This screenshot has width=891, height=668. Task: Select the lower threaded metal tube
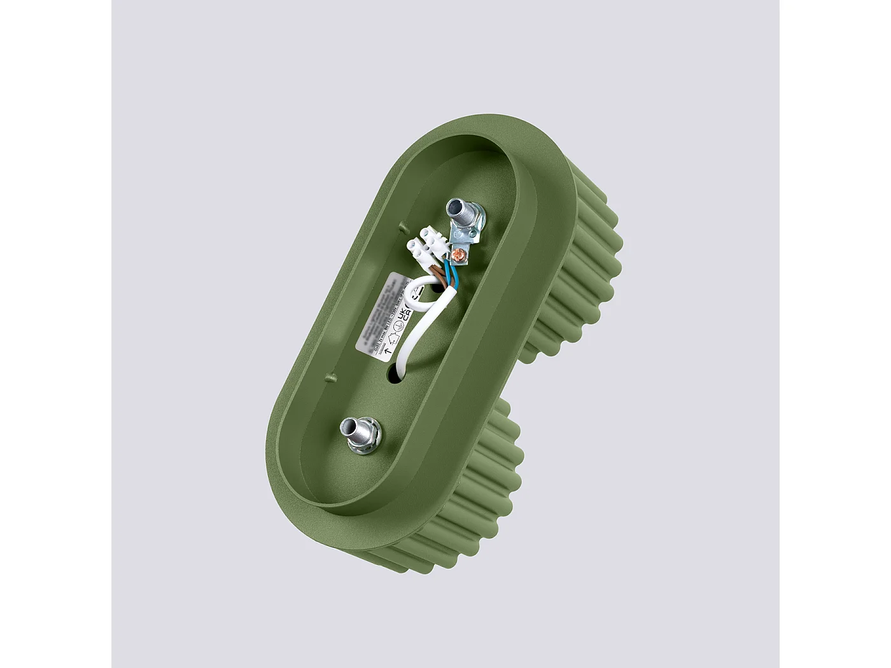tap(354, 428)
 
